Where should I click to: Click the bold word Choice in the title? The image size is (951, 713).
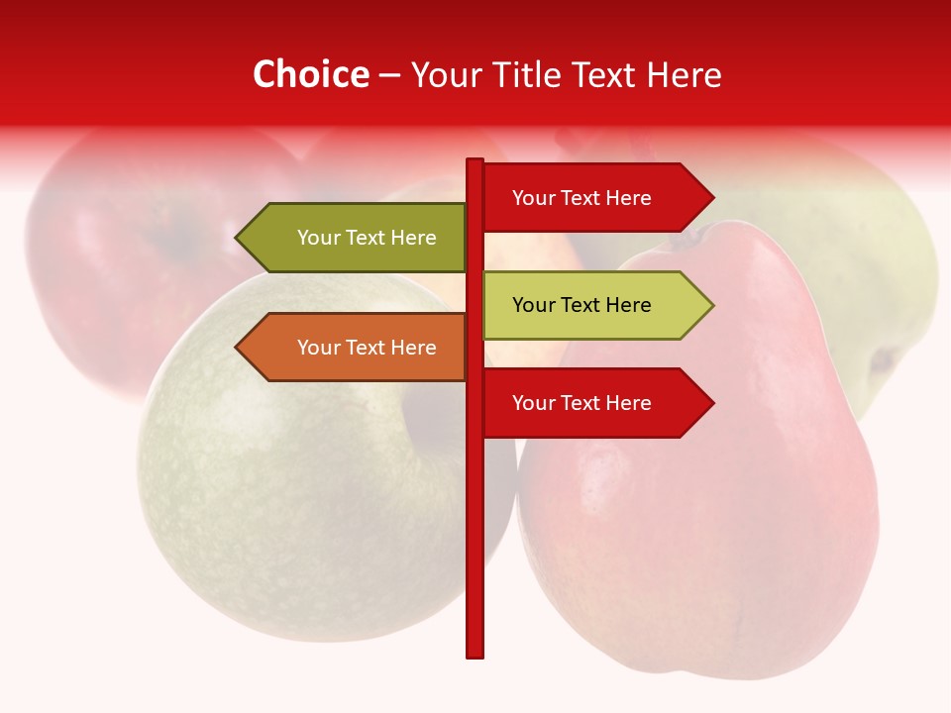[x=310, y=75]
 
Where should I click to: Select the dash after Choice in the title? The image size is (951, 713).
[x=389, y=76]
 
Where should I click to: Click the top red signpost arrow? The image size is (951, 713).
[x=594, y=198]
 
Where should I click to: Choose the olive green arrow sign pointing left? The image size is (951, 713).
[x=357, y=238]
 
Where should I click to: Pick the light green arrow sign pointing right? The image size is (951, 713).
[x=594, y=305]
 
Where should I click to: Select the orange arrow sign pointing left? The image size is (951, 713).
[x=357, y=348]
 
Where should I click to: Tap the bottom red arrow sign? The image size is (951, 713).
[x=594, y=403]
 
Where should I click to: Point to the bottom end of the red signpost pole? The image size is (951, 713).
[x=475, y=654]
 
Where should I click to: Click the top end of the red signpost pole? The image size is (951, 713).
[x=475, y=161]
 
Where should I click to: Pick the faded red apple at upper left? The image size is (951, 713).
[x=119, y=257]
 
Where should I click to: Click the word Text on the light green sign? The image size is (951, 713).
[x=581, y=305]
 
